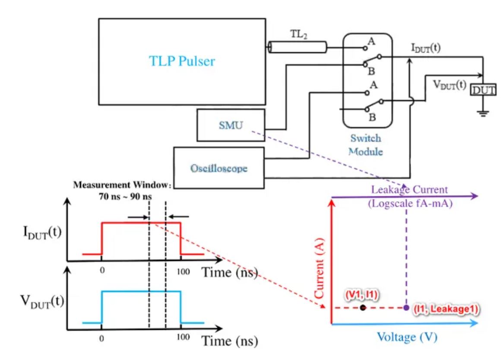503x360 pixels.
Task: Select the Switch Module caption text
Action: [365, 145]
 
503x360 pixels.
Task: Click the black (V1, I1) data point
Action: [363, 308]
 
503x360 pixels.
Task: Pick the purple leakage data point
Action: [406, 308]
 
